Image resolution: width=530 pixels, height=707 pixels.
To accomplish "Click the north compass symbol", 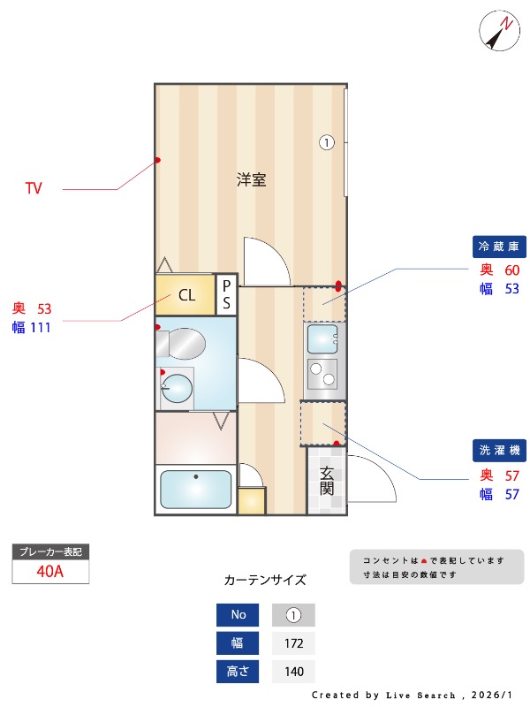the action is (x=499, y=32).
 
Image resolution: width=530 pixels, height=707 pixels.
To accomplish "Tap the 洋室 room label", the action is (x=252, y=179).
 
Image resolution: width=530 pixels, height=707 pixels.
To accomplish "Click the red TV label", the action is (x=34, y=188).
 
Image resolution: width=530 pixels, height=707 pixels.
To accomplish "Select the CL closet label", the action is (x=186, y=295).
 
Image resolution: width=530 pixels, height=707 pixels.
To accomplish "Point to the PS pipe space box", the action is (x=226, y=295).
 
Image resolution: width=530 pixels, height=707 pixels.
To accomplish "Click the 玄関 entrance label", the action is (x=327, y=479).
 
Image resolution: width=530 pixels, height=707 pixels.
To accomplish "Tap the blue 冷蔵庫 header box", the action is (x=500, y=246).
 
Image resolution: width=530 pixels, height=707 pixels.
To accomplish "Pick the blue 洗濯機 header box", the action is (x=500, y=451).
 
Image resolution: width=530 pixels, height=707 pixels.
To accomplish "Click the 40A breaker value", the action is (x=50, y=571).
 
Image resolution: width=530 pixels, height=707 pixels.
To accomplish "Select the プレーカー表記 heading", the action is (x=50, y=551).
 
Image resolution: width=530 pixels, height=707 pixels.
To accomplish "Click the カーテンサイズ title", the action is (x=265, y=580).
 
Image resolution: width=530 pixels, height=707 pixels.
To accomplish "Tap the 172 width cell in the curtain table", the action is (x=294, y=643).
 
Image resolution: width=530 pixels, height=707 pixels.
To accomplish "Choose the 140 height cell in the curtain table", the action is (x=294, y=672).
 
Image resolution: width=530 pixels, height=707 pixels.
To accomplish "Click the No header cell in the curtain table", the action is (x=238, y=615).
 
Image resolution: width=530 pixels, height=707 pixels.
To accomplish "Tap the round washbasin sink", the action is (x=178, y=389).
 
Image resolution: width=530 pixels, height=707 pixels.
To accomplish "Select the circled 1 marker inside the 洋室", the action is (x=326, y=141).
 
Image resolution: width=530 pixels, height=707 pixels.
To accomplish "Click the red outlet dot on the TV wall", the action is (x=158, y=160).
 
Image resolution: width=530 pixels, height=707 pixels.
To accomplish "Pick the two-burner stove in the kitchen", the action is (x=322, y=374).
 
